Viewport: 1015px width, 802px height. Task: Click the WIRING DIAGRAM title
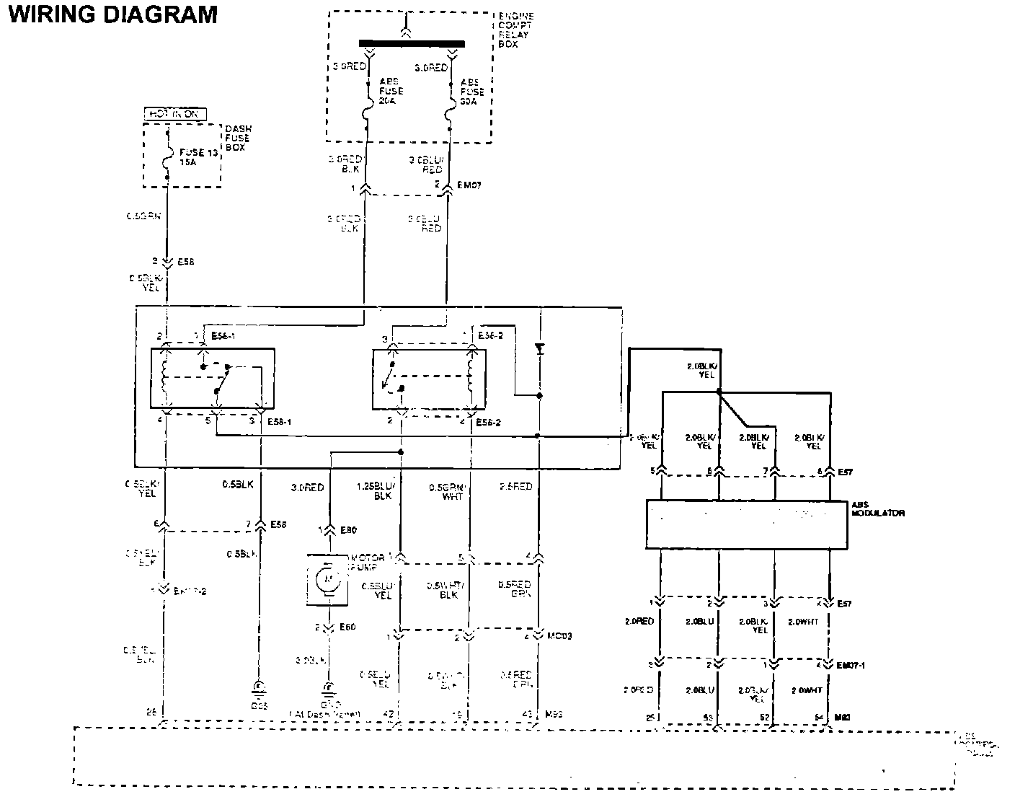[112, 14]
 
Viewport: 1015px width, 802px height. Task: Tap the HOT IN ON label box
[175, 114]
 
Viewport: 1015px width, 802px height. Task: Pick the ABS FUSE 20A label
[391, 92]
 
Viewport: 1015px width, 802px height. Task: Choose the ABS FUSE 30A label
[473, 92]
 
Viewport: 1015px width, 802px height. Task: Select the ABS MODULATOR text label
[878, 508]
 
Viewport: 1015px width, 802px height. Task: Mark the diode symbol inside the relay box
[538, 350]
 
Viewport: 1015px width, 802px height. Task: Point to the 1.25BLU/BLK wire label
[374, 491]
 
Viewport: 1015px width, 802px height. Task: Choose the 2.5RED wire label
[515, 487]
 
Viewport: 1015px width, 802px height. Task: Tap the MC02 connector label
[559, 636]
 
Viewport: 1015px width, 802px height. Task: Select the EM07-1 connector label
[851, 665]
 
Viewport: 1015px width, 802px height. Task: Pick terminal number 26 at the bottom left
[151, 713]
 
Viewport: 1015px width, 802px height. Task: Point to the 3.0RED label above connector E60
[307, 488]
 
